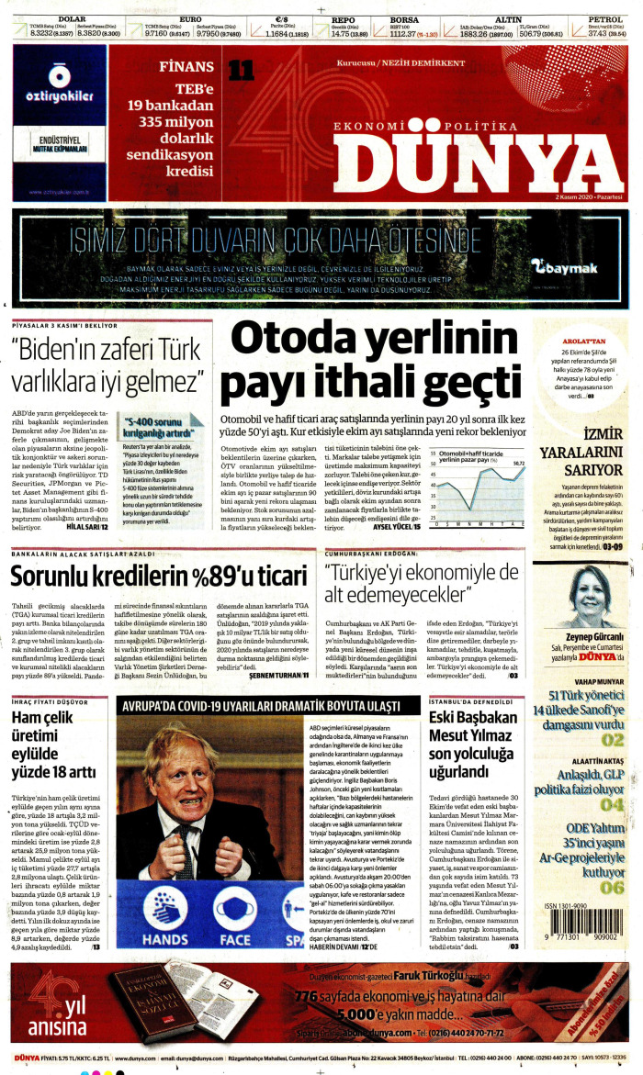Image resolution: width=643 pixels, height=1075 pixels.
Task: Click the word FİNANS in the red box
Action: [x=186, y=67]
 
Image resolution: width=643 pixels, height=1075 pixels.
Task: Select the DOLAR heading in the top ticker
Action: [x=71, y=18]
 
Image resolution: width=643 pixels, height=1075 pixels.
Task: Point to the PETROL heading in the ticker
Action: [x=605, y=18]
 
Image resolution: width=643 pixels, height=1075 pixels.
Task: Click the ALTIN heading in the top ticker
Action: [x=508, y=18]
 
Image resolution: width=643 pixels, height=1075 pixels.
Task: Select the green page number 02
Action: [x=612, y=740]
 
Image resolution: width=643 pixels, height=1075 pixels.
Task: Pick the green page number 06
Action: [x=612, y=862]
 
